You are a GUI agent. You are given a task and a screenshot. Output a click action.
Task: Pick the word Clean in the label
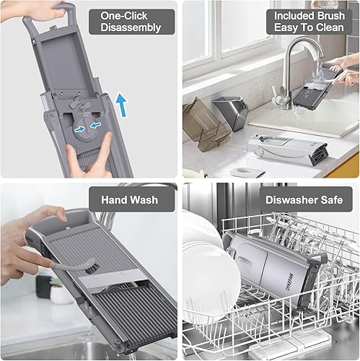coord(331,28)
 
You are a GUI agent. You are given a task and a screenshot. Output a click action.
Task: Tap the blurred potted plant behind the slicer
coord(58,289)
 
